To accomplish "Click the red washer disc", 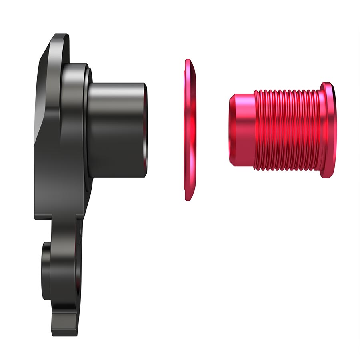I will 191,130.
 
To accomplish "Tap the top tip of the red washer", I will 187,61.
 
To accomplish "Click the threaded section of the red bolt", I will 288,130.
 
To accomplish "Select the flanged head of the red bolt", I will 328,130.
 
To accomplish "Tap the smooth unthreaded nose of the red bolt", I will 242,130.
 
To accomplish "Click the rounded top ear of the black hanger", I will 60,40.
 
